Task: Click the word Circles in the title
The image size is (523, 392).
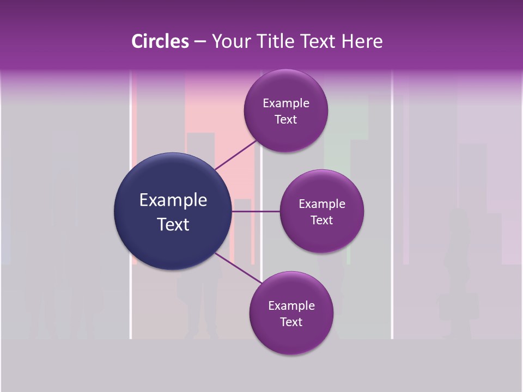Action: pyautogui.click(x=160, y=41)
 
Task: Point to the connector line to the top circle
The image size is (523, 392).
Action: pyautogui.click(x=235, y=155)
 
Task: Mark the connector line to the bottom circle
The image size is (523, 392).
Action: pyautogui.click(x=239, y=269)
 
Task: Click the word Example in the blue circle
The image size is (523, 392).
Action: pyautogui.click(x=173, y=200)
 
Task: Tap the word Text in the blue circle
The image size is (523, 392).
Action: pyautogui.click(x=173, y=224)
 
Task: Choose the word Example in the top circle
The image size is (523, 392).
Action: pyautogui.click(x=286, y=103)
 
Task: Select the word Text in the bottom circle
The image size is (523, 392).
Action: pyautogui.click(x=291, y=322)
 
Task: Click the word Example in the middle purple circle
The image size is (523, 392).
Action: pyautogui.click(x=322, y=204)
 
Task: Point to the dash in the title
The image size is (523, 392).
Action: pyautogui.click(x=199, y=41)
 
